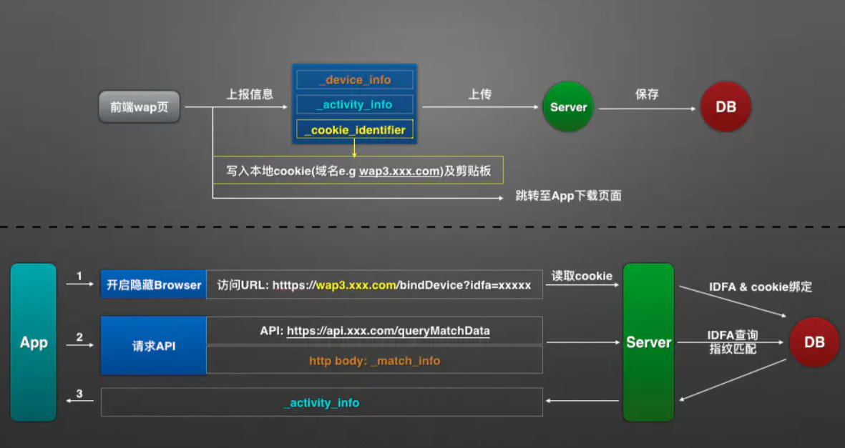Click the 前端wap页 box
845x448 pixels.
140,108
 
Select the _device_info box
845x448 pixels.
355,80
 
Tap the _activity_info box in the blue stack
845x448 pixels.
355,105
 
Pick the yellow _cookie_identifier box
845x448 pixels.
355,130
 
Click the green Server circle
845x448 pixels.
568,107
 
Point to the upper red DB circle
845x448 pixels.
726,107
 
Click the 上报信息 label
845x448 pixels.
250,94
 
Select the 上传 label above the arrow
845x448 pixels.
480,94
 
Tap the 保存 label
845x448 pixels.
647,94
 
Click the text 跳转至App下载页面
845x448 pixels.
568,196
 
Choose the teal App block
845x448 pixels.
34,342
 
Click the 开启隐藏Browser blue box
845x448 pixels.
154,285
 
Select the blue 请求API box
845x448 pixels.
154,346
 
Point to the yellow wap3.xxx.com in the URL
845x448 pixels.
356,285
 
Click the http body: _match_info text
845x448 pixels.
374,361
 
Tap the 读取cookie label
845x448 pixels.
582,276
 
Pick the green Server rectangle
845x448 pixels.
648,342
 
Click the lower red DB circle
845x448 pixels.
814,342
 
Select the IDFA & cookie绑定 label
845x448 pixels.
761,287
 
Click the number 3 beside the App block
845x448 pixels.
79,394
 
